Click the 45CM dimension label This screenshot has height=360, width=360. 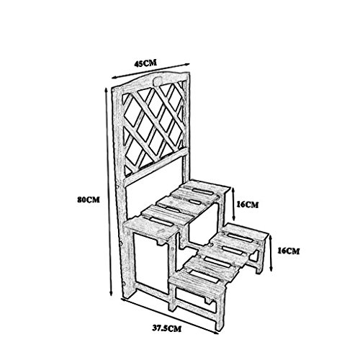click(x=145, y=63)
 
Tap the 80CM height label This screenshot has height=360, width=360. click(x=89, y=199)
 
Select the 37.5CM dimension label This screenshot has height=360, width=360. click(x=167, y=328)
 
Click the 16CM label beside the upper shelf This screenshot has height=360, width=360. click(x=248, y=204)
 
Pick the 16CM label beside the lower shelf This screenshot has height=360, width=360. click(x=289, y=251)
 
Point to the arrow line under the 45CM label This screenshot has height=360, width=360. click(x=151, y=71)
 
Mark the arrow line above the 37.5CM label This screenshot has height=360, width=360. click(x=170, y=315)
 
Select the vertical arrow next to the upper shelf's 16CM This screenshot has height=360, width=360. click(x=234, y=204)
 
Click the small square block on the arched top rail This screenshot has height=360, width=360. click(x=157, y=81)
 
